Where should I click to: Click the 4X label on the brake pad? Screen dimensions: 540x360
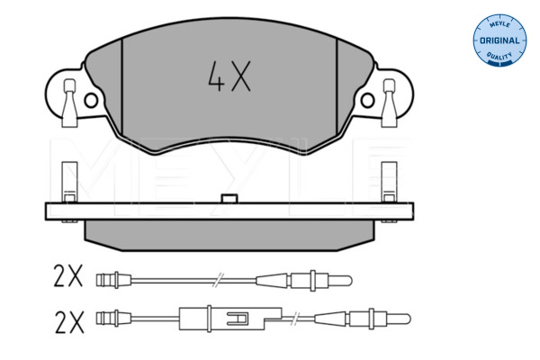coord(229,76)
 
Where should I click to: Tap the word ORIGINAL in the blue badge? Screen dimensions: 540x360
coord(499,40)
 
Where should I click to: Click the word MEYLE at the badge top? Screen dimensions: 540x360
coord(499,24)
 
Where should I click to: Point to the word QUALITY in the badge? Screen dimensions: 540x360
coord(499,56)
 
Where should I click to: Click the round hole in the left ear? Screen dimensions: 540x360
coord(91,101)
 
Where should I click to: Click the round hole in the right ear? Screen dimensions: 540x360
coord(367,101)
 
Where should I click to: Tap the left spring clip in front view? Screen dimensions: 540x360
coord(69,103)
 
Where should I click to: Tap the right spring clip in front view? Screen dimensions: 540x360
coord(389,103)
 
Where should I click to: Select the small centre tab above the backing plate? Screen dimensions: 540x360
coord(229,198)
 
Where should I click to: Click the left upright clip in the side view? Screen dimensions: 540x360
coord(69,182)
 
